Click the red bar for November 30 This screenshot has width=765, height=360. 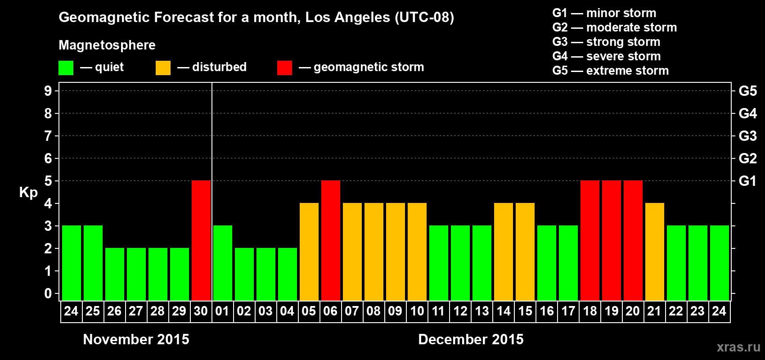tap(201, 241)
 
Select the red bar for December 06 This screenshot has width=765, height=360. tap(331, 241)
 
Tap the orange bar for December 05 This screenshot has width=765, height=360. tap(309, 252)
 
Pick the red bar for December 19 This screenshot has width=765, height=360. tap(612, 241)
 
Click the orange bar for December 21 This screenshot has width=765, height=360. tap(655, 252)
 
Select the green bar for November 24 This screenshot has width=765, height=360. tap(72, 263)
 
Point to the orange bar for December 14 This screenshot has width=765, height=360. tap(504, 252)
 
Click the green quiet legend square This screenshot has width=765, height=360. tap(66, 68)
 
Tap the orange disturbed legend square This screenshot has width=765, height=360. tap(163, 68)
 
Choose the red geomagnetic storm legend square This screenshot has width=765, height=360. tap(284, 68)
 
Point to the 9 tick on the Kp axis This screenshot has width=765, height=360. tap(48, 91)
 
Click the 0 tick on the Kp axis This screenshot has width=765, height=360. tap(48, 293)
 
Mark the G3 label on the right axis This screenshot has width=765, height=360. tap(747, 136)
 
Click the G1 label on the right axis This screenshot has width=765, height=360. tap(747, 181)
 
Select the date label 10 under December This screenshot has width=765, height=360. tap(417, 311)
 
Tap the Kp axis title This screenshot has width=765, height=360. tap(28, 192)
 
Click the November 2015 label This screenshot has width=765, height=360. tap(136, 339)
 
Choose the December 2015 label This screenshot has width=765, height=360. tap(471, 339)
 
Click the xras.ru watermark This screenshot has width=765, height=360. tap(738, 346)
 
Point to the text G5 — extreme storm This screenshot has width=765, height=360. tap(610, 71)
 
